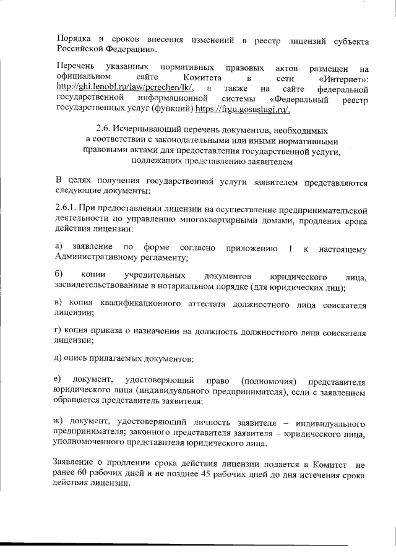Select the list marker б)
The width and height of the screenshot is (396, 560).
[59, 275]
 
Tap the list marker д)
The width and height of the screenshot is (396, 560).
[59, 360]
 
